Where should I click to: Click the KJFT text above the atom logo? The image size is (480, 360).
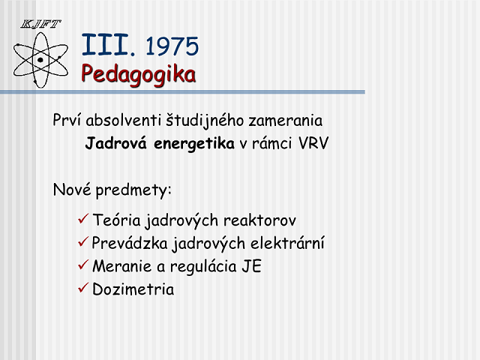point(40,24)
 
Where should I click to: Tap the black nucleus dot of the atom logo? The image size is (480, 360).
point(40,60)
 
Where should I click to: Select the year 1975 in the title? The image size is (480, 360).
point(172,46)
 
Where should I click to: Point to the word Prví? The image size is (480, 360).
point(67,120)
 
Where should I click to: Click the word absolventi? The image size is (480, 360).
point(123,120)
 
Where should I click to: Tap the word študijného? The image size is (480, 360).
point(205,120)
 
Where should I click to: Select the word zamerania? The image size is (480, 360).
point(286,120)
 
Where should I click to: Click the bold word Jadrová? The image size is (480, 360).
point(116,143)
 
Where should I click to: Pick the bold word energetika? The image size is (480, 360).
point(194,144)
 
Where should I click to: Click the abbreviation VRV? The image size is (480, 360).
point(313,143)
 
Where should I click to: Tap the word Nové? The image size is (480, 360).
point(72,190)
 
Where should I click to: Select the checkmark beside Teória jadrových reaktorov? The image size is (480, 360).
point(83,218)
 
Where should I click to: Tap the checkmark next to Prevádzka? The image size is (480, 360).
point(83,241)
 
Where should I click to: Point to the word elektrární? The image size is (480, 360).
point(287,243)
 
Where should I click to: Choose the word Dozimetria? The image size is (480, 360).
point(133,289)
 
